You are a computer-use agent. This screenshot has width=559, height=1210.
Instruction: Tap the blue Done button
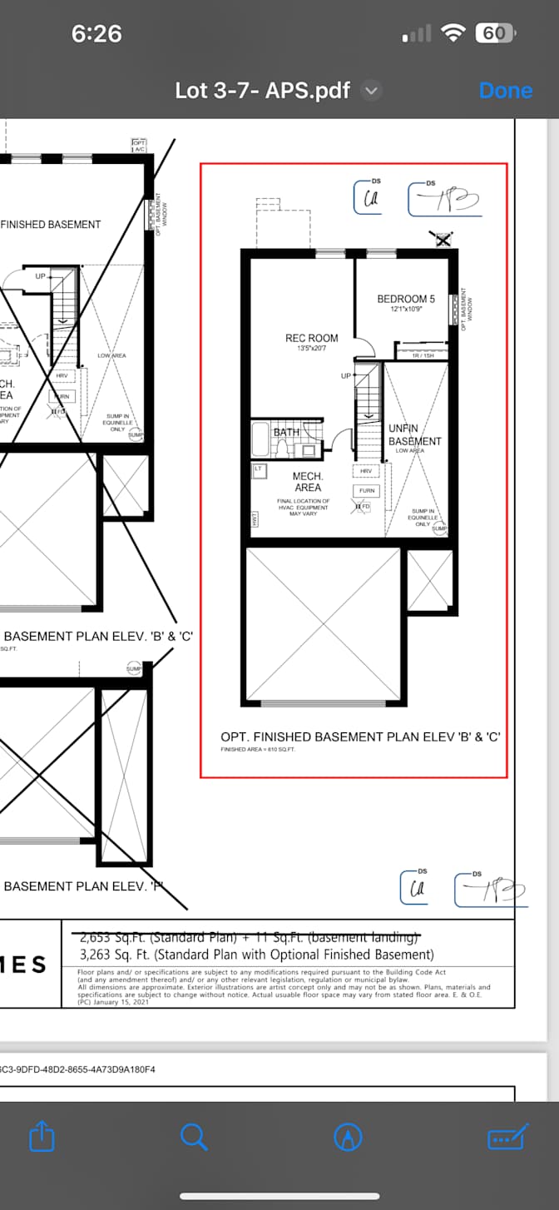pos(505,90)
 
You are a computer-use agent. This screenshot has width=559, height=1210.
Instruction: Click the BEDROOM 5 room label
pos(406,299)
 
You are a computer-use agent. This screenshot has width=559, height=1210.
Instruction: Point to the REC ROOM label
pos(312,338)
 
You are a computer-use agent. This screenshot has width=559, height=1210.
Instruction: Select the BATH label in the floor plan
pos(286,432)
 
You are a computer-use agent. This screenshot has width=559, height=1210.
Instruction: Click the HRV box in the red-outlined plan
pos(365,471)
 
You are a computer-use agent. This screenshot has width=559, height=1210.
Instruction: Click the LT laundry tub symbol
pos(258,470)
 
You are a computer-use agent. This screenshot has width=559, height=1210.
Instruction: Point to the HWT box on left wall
pos(254,518)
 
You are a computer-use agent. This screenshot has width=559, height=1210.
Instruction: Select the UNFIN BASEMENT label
pos(413,434)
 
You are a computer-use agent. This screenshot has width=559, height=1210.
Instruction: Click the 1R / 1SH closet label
pos(423,356)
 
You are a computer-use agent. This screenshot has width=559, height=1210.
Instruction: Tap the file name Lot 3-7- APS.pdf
pos(263,90)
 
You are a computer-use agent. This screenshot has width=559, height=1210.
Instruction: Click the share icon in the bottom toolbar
pos(42,1136)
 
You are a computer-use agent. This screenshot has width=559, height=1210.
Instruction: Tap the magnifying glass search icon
pos(194,1136)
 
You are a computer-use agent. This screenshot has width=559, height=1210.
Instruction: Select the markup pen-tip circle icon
pos(348,1137)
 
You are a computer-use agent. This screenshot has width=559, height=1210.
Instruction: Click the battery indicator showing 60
pos(495,33)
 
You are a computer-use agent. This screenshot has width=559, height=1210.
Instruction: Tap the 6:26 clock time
pos(96,33)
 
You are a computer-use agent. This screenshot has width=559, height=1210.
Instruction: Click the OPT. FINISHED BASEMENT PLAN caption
pos(359,737)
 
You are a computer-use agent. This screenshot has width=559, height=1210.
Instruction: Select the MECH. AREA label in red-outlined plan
pos(308,482)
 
